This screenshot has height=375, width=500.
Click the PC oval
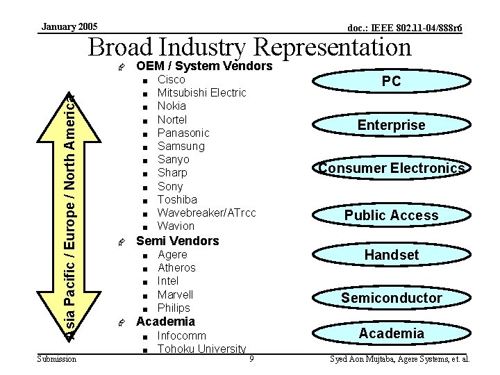[391, 81]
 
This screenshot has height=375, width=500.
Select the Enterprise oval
[391, 125]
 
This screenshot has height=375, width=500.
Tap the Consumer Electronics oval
[391, 168]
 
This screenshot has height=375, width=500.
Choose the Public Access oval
[391, 215]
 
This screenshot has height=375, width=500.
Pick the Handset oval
[391, 255]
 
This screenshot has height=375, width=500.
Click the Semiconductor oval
[391, 298]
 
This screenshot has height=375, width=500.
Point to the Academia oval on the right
[391, 333]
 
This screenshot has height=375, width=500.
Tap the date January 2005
[69, 26]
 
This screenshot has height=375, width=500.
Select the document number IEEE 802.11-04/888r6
[405, 28]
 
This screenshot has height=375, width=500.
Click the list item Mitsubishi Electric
[201, 93]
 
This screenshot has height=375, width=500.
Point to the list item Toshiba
[177, 199]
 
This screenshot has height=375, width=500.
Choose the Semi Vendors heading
[177, 241]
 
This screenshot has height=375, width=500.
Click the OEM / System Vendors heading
[204, 67]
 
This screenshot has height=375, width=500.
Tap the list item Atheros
[176, 267]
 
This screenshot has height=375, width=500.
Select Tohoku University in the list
[201, 349]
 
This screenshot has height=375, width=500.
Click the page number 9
[251, 359]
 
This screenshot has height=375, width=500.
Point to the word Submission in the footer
[57, 359]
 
